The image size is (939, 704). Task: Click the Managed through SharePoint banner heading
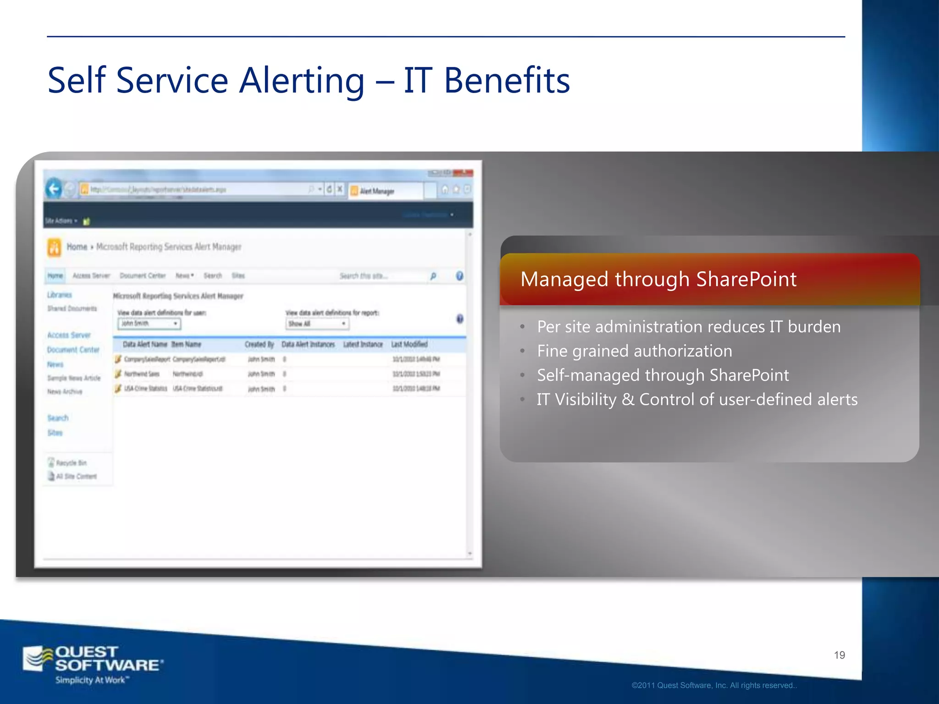pyautogui.click(x=658, y=279)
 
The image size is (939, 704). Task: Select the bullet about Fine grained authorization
pyautogui.click(x=634, y=351)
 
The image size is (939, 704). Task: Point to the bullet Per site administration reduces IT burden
pyautogui.click(x=688, y=327)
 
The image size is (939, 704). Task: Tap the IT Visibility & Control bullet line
pyautogui.click(x=696, y=400)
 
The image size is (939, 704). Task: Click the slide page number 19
pyautogui.click(x=839, y=655)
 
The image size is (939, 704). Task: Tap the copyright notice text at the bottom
pyautogui.click(x=714, y=686)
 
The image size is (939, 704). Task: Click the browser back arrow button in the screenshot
pyautogui.click(x=54, y=189)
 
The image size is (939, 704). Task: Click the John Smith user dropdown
pyautogui.click(x=149, y=324)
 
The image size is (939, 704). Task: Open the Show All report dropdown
pyautogui.click(x=317, y=324)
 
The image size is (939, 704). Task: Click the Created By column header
pyautogui.click(x=259, y=344)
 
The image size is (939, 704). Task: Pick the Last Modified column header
pyautogui.click(x=409, y=344)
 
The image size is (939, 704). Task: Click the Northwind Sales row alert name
pyautogui.click(x=142, y=374)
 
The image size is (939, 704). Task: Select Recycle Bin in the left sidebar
pyautogui.click(x=71, y=463)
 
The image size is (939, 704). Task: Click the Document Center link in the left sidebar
pyautogui.click(x=73, y=350)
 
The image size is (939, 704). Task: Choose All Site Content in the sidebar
pyautogui.click(x=76, y=477)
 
